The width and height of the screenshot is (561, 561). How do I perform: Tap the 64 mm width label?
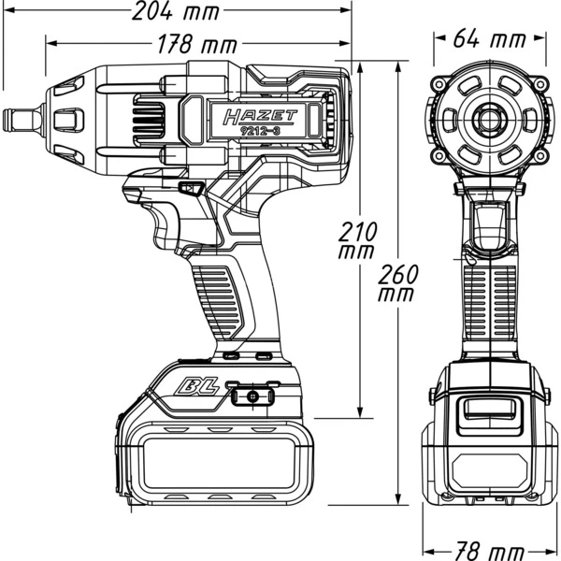[x=488, y=40]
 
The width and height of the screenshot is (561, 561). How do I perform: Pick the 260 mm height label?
[x=399, y=281]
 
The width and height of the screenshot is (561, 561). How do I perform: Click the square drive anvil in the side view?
[x=20, y=120]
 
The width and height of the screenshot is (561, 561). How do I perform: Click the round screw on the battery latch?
[x=252, y=397]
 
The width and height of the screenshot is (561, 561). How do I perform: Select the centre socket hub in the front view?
[x=487, y=119]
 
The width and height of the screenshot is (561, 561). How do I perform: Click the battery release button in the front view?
[x=487, y=411]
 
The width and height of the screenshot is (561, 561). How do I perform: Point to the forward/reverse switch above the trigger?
[x=193, y=190]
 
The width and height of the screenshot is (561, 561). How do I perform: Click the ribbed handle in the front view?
[x=487, y=299]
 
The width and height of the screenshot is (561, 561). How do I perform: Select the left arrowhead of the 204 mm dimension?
[x=7, y=14]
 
